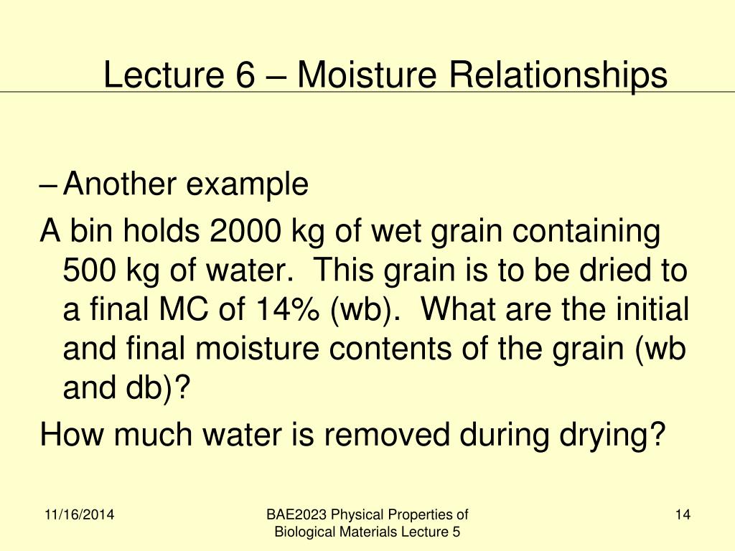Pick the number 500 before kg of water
click(x=87, y=271)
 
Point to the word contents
click(x=387, y=350)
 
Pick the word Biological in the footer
click(x=304, y=532)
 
